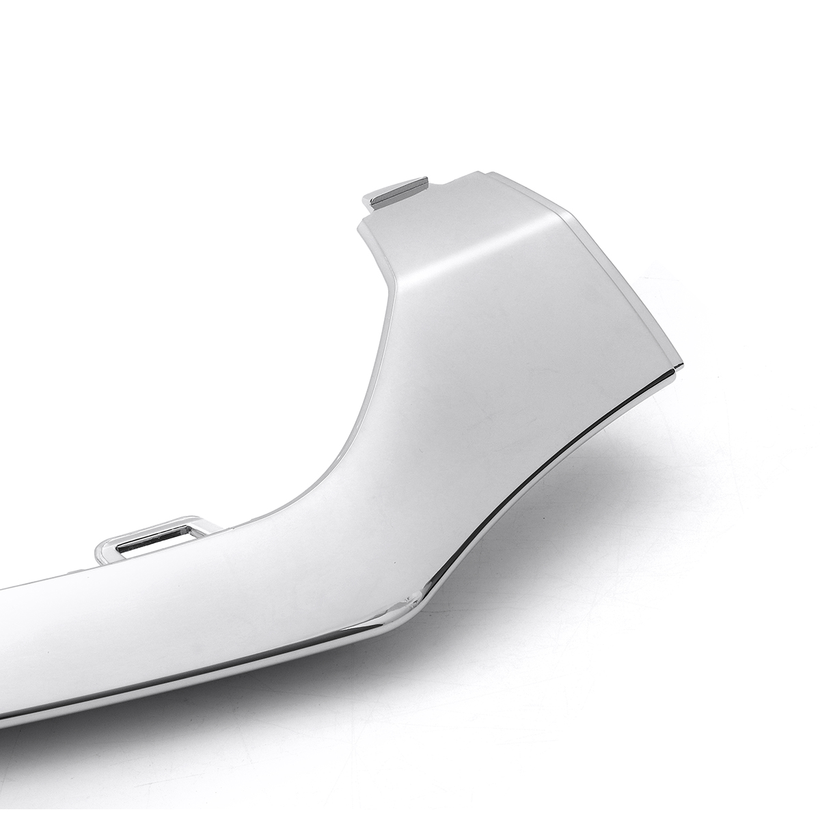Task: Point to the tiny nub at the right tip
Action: point(678,370)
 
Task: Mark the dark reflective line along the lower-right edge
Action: point(547,478)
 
